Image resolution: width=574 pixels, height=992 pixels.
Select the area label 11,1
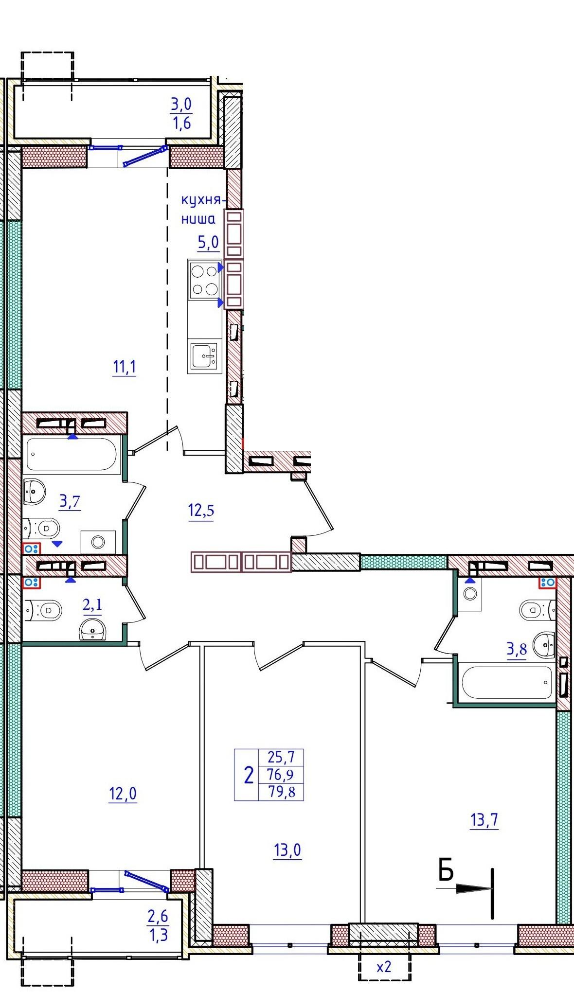125,367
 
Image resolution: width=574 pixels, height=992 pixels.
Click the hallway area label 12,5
201,511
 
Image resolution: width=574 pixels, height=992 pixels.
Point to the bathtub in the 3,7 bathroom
72,455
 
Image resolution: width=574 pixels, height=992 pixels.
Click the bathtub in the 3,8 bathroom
507,682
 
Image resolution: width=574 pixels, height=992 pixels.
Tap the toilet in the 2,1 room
44,609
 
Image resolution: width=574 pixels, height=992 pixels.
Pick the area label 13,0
287,850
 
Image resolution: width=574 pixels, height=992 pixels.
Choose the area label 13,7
485,821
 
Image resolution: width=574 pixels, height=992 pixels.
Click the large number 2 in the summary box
249,775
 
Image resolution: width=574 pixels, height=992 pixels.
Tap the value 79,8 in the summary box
282,792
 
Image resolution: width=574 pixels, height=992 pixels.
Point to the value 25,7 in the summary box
282,757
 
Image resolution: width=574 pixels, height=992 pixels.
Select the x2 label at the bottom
384,967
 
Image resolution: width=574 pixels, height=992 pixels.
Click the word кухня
201,200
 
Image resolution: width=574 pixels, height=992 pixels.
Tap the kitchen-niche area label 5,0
208,241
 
